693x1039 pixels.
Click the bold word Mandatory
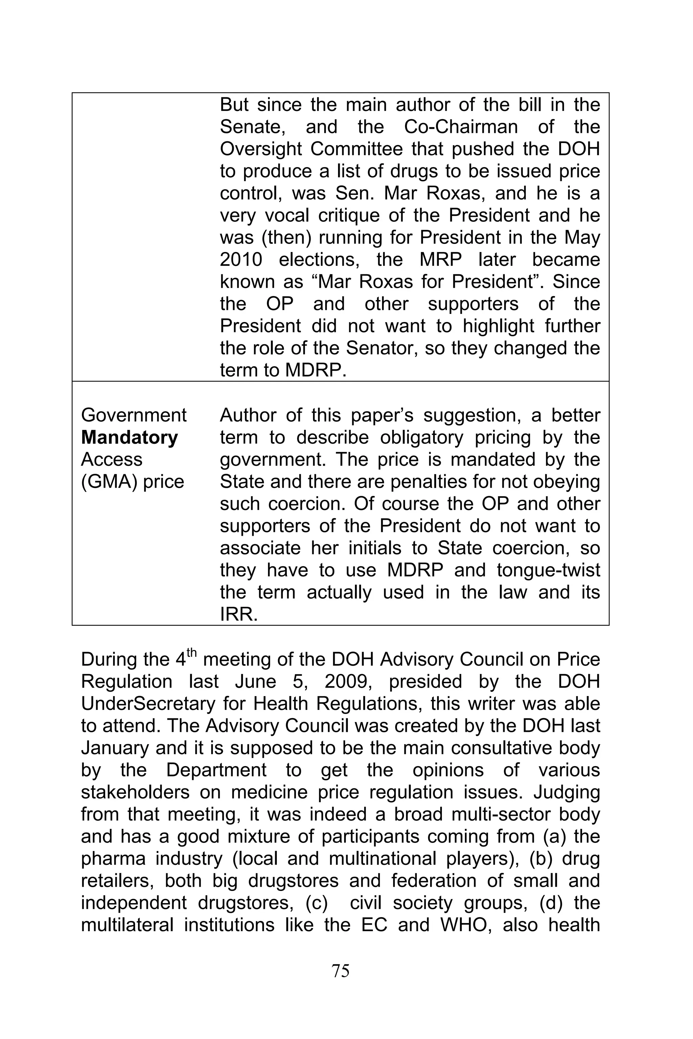[x=130, y=437]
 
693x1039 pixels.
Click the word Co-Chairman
[x=461, y=127]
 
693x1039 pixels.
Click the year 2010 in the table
[x=241, y=260]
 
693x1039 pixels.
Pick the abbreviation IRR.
[x=239, y=615]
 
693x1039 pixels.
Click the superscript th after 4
[x=191, y=652]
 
